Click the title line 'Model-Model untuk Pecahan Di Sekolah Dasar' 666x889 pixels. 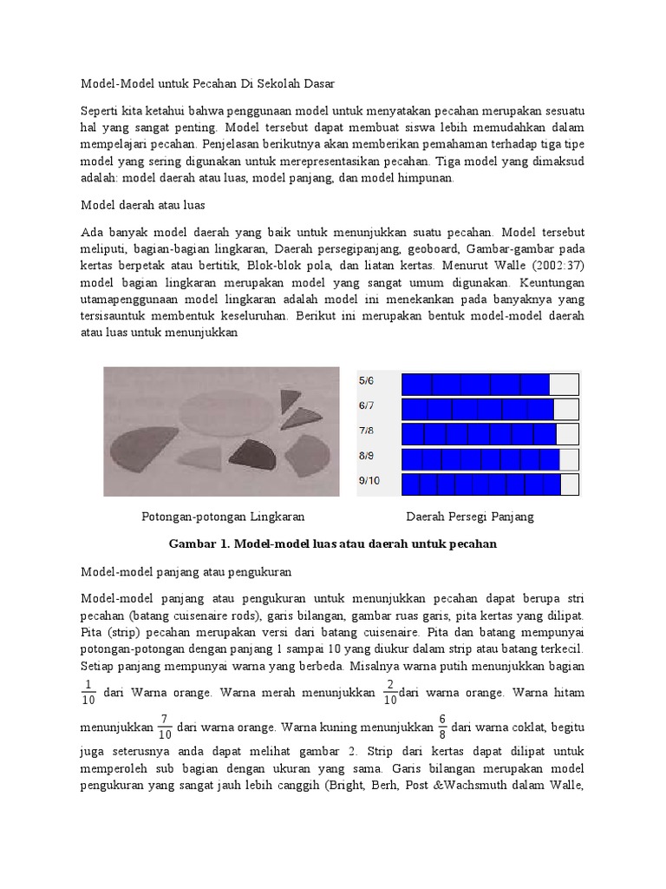point(207,83)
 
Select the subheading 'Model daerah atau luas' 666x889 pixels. point(142,205)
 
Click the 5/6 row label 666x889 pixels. point(367,380)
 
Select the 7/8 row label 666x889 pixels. point(367,430)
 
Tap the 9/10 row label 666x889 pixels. point(369,480)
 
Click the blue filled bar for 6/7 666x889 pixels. point(477,409)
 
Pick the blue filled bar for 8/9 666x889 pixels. point(480,459)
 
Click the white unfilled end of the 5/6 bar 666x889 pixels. point(564,385)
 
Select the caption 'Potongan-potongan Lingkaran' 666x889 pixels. point(223,517)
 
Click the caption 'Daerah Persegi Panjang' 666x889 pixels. point(470,517)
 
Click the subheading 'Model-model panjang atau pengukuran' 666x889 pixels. point(186,572)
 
